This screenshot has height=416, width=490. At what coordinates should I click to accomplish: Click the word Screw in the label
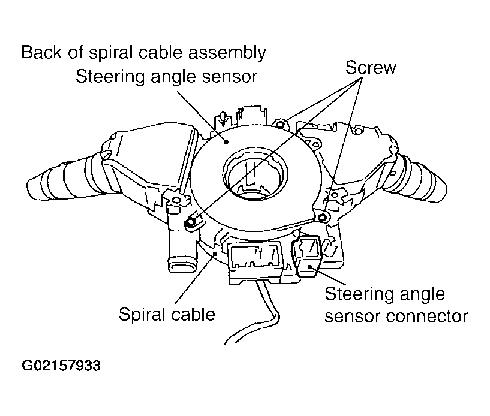pos(370,67)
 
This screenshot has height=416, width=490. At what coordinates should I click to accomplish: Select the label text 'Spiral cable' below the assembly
pos(166,313)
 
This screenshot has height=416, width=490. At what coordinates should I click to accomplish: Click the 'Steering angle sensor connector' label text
pos(395,305)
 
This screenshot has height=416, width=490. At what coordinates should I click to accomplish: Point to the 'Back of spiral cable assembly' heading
pos(143,52)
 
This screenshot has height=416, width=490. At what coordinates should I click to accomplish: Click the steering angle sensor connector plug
pos(306,257)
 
